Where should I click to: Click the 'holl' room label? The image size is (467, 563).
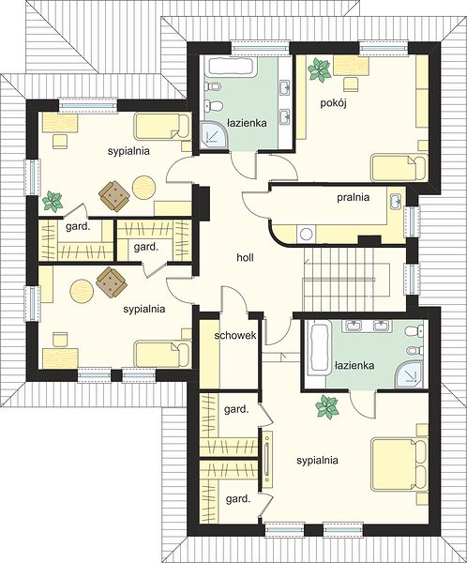[245, 257]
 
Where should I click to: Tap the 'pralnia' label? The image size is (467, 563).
[354, 197]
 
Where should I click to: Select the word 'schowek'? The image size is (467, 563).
[235, 335]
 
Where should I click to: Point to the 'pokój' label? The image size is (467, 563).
[334, 103]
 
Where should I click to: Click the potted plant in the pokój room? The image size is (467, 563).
[319, 69]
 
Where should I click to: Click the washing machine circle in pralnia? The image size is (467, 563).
[307, 234]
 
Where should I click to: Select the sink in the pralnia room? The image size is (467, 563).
[396, 201]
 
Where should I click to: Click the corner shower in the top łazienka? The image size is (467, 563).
[214, 134]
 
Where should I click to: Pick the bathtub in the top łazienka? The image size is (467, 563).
[231, 68]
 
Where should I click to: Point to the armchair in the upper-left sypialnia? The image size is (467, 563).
[114, 196]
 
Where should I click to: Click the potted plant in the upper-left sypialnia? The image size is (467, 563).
[53, 201]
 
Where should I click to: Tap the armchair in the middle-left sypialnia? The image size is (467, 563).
[112, 282]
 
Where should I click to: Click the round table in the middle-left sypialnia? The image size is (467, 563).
[82, 291]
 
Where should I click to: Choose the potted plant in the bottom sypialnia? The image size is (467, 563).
[326, 406]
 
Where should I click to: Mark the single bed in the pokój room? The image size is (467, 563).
[399, 168]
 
